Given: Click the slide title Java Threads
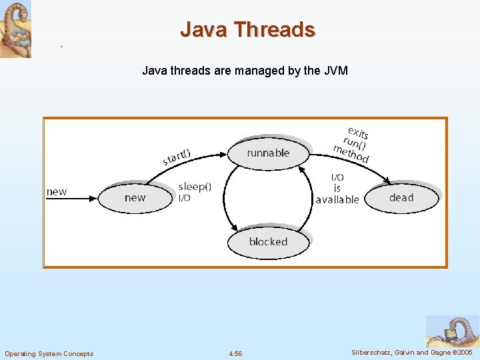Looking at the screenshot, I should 247,29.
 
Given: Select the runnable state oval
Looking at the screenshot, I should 268,153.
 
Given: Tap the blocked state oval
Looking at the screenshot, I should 268,242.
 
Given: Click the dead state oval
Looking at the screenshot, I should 401,198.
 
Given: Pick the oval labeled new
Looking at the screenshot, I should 135,197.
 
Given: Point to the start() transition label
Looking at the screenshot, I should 177,157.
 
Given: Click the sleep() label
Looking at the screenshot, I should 195,187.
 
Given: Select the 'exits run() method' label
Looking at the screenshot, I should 353,144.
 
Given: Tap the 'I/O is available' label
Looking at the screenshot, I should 337,189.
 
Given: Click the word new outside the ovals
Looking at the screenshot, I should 57,192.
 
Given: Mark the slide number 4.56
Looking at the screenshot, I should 235,353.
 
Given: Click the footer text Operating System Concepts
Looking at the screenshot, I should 49,353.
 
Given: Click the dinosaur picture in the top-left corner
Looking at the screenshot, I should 15,29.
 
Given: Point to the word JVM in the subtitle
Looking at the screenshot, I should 336,70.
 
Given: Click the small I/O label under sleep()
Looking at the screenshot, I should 184,198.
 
